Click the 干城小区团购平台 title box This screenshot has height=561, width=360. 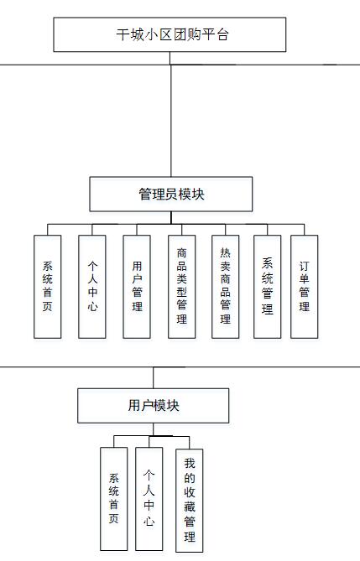pyautogui.click(x=170, y=34)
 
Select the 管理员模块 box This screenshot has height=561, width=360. pyautogui.click(x=171, y=194)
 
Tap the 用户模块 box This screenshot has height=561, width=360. pyautogui.click(x=154, y=406)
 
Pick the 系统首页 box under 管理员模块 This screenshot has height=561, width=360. pyautogui.click(x=48, y=287)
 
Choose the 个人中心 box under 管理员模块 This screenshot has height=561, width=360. pyautogui.click(x=92, y=287)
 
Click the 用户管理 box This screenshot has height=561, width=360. pyautogui.click(x=137, y=287)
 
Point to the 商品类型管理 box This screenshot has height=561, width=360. pyautogui.click(x=181, y=287)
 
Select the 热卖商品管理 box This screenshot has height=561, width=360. pyautogui.click(x=225, y=287)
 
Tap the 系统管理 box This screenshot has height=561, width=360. pyautogui.click(x=267, y=287)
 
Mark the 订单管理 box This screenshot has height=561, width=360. pyautogui.click(x=304, y=287)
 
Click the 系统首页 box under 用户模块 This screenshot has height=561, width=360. pyautogui.click(x=113, y=499)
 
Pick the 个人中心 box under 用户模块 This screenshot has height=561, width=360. pyautogui.click(x=149, y=499)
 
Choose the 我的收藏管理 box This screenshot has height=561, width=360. pyautogui.click(x=189, y=501)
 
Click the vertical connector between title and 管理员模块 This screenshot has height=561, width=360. pyautogui.click(x=170, y=114)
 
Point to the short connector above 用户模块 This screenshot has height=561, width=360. pyautogui.click(x=154, y=377)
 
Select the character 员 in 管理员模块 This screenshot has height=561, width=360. pyautogui.click(x=171, y=194)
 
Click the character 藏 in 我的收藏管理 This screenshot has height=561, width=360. pyautogui.click(x=190, y=506)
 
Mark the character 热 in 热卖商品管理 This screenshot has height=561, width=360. pyautogui.click(x=225, y=252)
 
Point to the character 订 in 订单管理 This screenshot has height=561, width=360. pyautogui.click(x=304, y=266)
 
